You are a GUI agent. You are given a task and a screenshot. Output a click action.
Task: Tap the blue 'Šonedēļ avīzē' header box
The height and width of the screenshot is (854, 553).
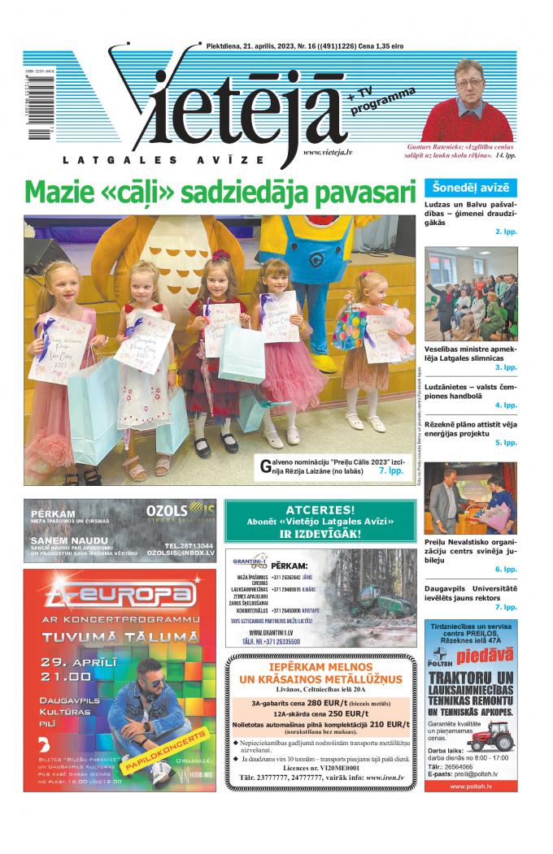(470, 187)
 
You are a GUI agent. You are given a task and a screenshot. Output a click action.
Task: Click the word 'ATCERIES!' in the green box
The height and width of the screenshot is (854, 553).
(320, 509)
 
